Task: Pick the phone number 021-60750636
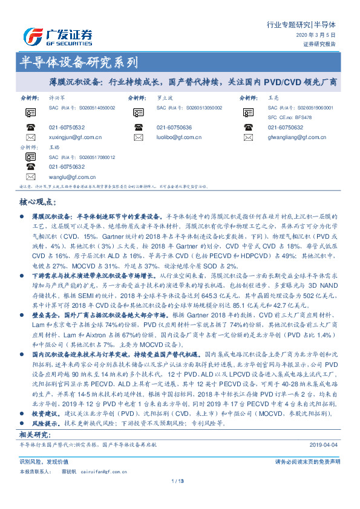[x=174, y=128]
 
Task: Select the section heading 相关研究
[x=34, y=435]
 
